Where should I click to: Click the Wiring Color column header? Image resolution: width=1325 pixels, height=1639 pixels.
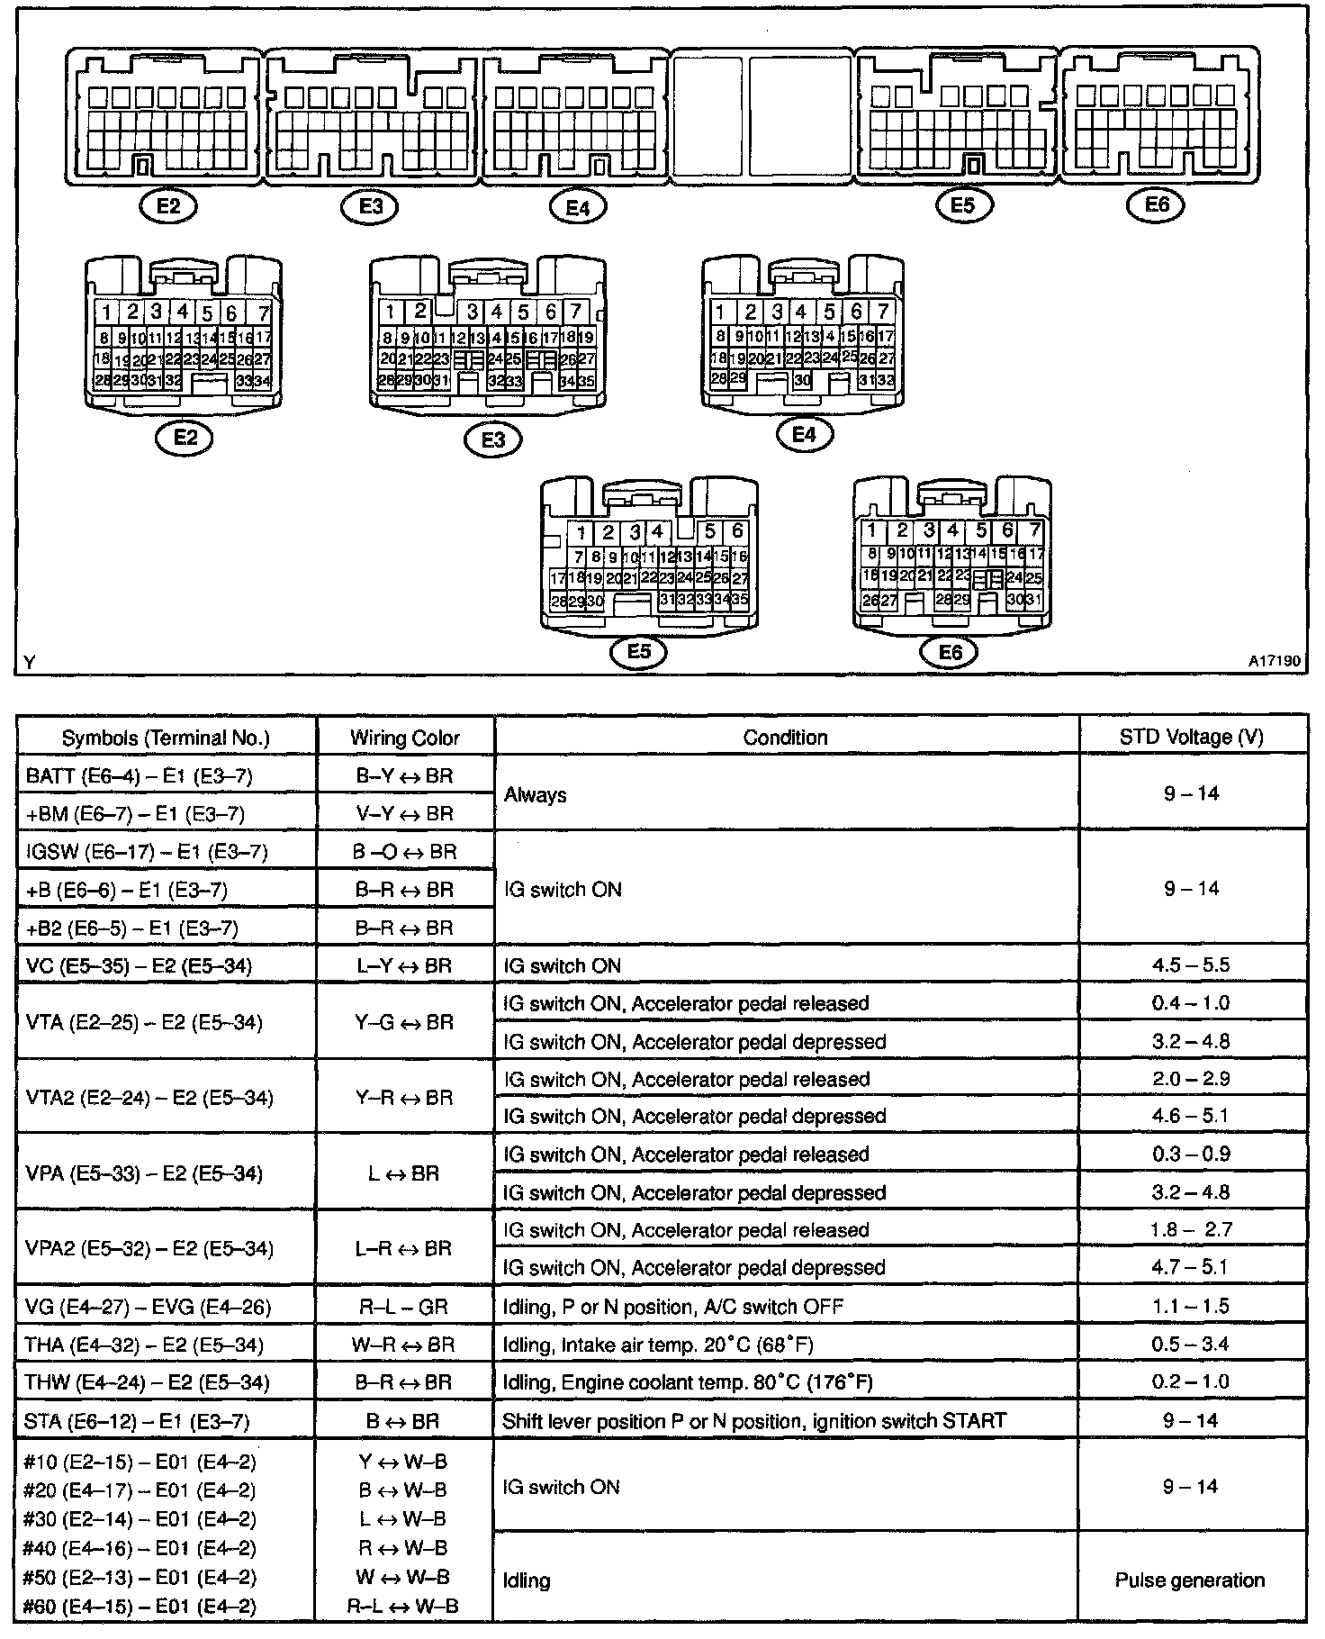[405, 738]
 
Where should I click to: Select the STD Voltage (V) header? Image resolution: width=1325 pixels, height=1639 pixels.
[1191, 738]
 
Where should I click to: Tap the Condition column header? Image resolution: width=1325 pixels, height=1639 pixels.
[785, 738]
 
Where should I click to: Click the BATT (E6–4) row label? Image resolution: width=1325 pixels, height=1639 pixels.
[140, 775]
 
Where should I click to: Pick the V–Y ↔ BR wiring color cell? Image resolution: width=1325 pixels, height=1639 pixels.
[405, 814]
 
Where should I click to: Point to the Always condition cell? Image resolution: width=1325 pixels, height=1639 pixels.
[536, 795]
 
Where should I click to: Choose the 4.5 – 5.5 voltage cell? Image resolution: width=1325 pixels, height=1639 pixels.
[1191, 965]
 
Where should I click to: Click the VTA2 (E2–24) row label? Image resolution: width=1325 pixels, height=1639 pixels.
[149, 1098]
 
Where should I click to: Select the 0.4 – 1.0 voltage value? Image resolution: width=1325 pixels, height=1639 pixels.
[1191, 1003]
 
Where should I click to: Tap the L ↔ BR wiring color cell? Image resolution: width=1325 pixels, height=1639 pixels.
[405, 1173]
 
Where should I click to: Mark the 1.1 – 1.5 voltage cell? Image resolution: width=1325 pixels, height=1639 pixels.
[1191, 1306]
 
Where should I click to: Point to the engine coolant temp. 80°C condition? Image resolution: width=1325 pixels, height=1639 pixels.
[688, 1382]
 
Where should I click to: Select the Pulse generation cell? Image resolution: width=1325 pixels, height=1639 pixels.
[1190, 1580]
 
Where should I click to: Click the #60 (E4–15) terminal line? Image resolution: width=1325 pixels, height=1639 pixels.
[140, 1606]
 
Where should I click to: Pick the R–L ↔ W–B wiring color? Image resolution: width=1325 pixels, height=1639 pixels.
[403, 1606]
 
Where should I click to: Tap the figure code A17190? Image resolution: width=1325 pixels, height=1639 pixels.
[1274, 661]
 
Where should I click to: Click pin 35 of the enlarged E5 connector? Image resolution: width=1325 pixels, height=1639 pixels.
[741, 600]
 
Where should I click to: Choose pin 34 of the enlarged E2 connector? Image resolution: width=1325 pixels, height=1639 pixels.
[262, 381]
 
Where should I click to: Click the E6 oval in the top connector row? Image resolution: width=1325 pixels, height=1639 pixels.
[1157, 204]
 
